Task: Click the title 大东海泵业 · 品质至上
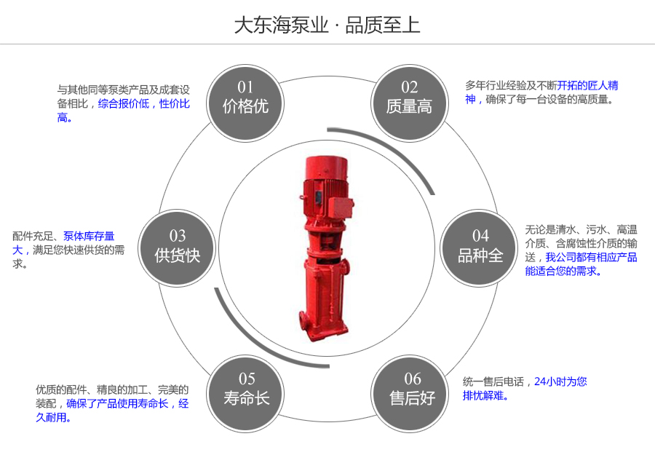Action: [327, 25]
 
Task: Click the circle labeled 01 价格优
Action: [245, 98]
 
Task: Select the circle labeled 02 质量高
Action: [409, 98]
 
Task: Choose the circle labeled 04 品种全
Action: [480, 246]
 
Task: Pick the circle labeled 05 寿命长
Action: [246, 389]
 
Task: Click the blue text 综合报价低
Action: [123, 103]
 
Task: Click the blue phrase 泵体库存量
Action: [89, 236]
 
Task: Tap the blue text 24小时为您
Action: [560, 381]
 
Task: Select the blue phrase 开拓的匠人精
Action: [587, 85]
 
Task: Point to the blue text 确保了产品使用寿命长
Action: [118, 403]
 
